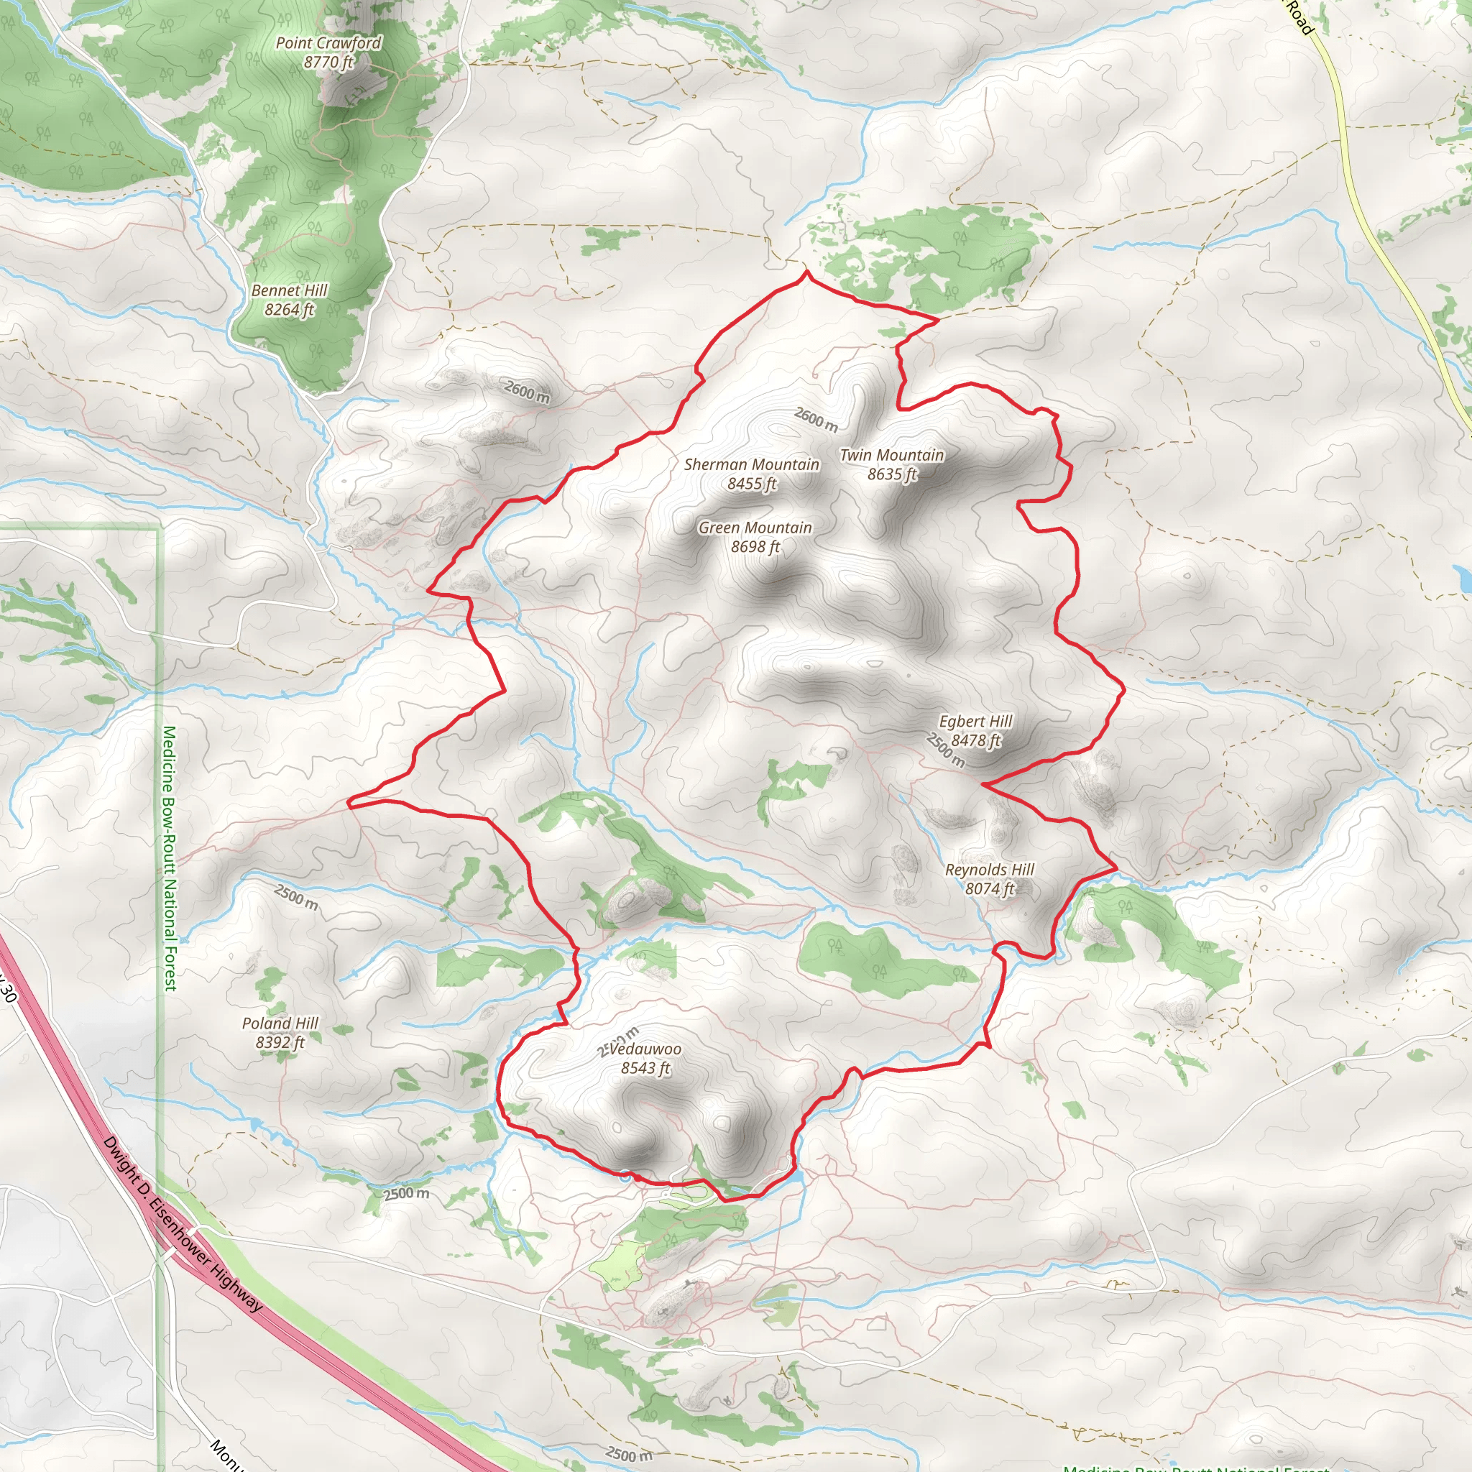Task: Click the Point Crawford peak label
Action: (x=328, y=42)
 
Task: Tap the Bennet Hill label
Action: (x=290, y=290)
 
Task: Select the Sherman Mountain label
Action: (x=751, y=464)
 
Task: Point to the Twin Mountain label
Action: (x=891, y=455)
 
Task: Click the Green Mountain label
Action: (x=755, y=528)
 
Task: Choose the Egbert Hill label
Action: (x=975, y=721)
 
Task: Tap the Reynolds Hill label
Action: (x=990, y=870)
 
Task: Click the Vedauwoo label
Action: (x=645, y=1049)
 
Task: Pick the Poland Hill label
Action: (x=280, y=1023)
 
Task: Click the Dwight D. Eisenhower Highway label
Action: (x=183, y=1223)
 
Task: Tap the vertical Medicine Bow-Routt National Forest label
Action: (x=169, y=858)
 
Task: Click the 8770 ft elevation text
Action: (x=328, y=62)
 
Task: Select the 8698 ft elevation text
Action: (x=755, y=546)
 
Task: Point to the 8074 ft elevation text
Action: (x=990, y=888)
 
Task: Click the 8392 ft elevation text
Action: (x=280, y=1041)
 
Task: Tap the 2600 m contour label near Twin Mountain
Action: (x=816, y=419)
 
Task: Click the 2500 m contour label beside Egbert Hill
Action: (x=946, y=750)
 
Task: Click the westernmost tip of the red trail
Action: (x=349, y=801)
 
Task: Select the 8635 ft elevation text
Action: (x=891, y=474)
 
